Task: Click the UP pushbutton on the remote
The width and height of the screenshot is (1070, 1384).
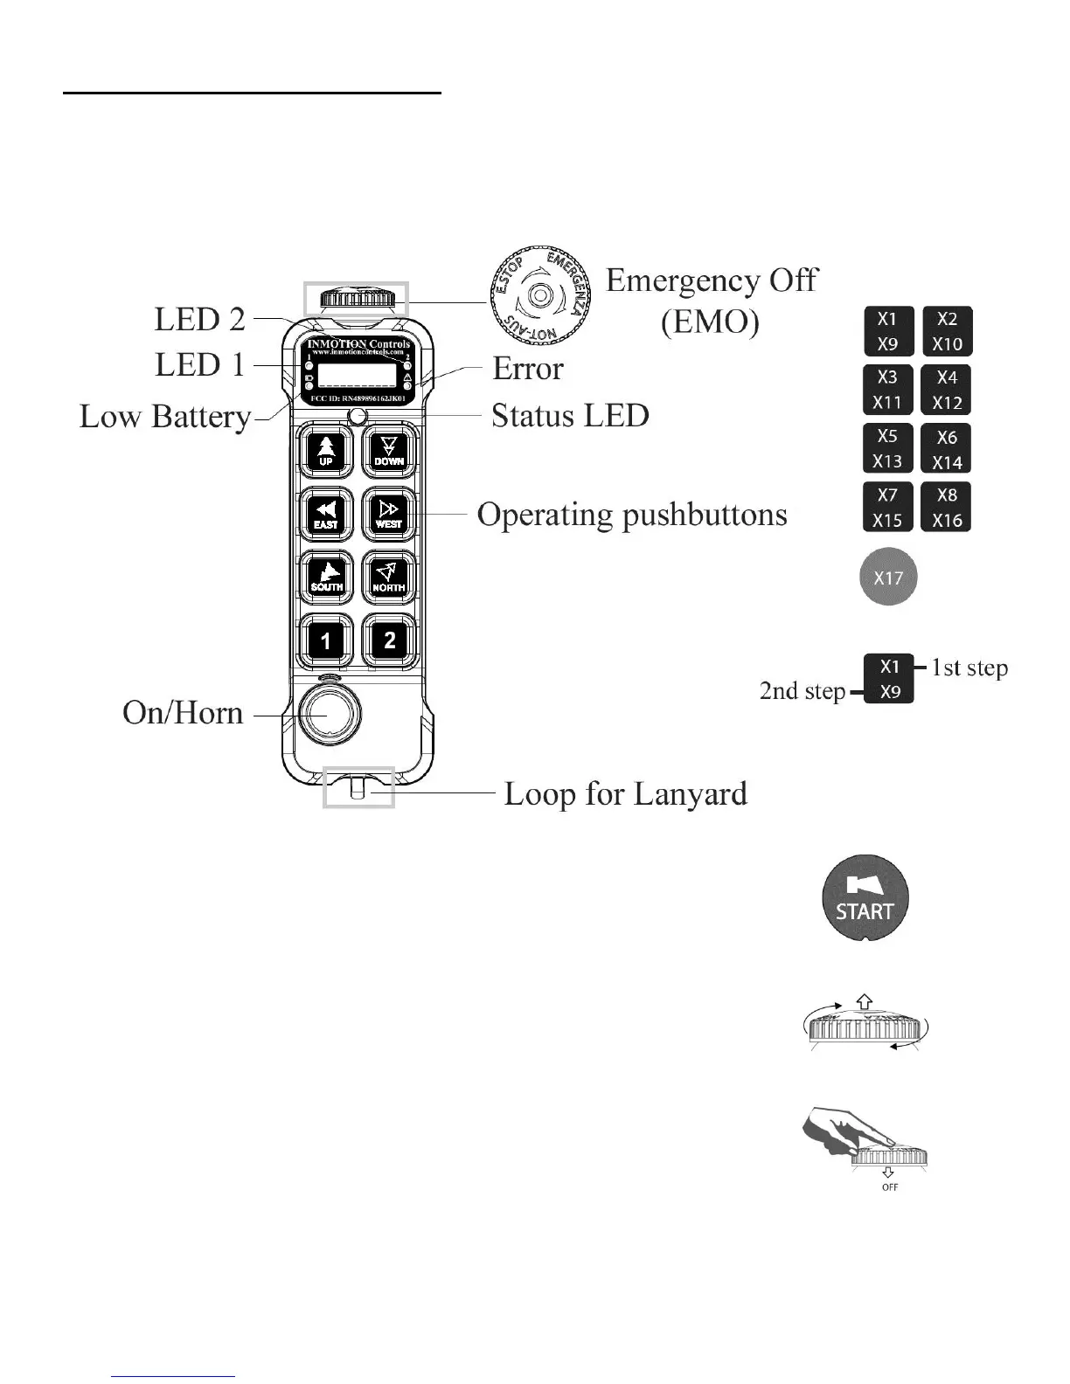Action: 326,452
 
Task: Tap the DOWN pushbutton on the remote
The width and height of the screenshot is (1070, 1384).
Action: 389,452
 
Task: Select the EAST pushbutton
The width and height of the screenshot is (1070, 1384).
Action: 326,515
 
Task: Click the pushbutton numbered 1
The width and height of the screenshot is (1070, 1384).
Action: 326,641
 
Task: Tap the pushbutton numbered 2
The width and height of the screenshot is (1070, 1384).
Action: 389,641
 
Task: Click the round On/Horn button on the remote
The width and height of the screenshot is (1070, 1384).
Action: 327,714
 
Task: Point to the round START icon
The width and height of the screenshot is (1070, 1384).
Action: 865,899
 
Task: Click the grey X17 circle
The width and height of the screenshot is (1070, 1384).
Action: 888,578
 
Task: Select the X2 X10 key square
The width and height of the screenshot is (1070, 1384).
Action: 948,331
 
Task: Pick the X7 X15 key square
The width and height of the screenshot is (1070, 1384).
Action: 888,507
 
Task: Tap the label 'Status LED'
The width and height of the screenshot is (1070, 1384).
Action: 570,416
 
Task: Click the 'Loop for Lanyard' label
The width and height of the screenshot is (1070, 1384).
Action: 626,794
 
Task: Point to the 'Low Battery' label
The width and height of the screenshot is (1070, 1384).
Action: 165,417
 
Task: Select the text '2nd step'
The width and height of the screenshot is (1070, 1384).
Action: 802,691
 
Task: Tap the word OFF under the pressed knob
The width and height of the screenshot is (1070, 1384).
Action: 890,1187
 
